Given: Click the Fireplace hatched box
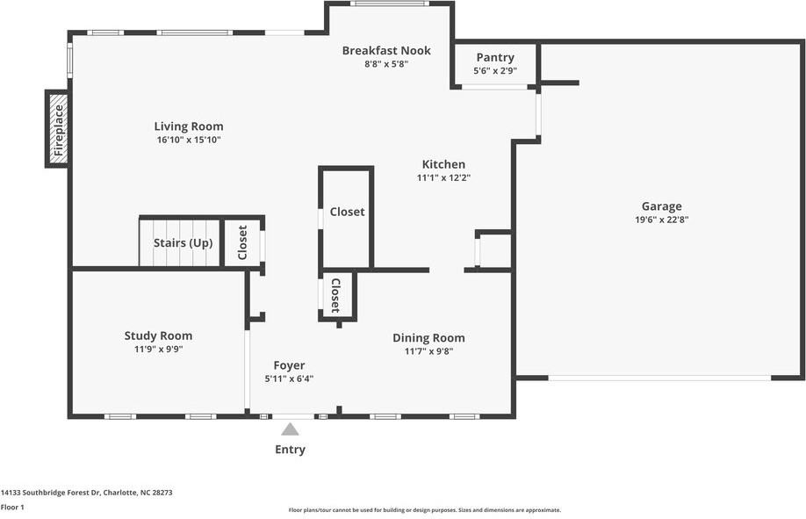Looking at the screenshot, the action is tap(59, 129).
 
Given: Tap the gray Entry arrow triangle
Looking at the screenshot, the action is tap(290, 429).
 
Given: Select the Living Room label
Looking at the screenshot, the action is tap(189, 126).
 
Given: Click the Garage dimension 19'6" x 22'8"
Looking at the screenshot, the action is tap(661, 220).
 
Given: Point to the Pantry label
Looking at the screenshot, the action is tap(495, 57).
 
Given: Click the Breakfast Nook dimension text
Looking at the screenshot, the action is tap(386, 64).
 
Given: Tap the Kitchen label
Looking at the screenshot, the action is tap(443, 164).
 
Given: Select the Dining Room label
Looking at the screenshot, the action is tap(428, 338).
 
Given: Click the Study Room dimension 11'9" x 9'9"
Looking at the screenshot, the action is tap(158, 350).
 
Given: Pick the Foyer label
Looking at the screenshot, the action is tap(289, 365).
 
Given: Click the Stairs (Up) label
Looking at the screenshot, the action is tap(183, 242).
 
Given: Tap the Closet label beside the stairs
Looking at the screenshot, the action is tap(242, 242).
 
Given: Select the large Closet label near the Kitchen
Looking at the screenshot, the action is tap(348, 212).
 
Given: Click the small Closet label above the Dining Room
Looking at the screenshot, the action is tap(335, 296).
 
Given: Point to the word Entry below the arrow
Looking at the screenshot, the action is tap(290, 450).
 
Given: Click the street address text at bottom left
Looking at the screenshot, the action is tap(86, 493).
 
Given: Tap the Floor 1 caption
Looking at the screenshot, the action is tap(12, 508).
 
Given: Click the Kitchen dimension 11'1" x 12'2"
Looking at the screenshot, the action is tap(443, 178).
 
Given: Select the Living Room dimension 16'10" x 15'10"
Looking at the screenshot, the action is tap(189, 140).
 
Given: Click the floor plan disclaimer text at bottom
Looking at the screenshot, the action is tap(425, 510).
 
